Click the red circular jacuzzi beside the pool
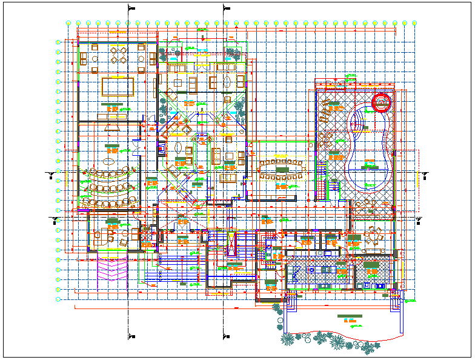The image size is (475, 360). click(382, 104)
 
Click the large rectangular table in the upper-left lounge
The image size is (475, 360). click(116, 86)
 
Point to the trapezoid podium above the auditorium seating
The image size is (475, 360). click(113, 126)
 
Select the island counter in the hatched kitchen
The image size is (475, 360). click(318, 267)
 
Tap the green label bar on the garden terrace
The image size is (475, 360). click(349, 317)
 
